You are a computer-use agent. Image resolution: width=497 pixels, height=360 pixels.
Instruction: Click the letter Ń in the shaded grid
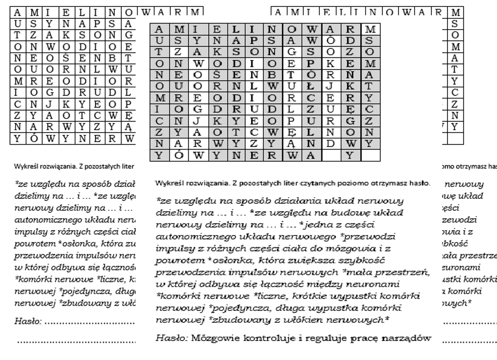pos(350,75)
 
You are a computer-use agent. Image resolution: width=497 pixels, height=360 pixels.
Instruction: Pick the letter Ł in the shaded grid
pos(310,87)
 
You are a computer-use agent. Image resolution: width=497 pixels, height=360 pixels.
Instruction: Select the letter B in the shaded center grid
pos(272,75)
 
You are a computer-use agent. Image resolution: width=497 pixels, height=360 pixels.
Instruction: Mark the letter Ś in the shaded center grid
pos(217,75)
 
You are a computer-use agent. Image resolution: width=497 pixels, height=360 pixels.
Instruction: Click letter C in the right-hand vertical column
pos(455,92)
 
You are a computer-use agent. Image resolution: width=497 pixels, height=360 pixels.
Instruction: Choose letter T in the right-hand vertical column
pos(455,70)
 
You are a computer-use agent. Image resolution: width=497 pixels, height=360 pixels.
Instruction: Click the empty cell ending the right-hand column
pos(455,139)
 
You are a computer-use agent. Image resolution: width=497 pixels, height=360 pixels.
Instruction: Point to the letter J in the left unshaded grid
pos(49,104)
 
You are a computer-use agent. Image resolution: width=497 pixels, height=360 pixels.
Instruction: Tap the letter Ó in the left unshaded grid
pos(33,139)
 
